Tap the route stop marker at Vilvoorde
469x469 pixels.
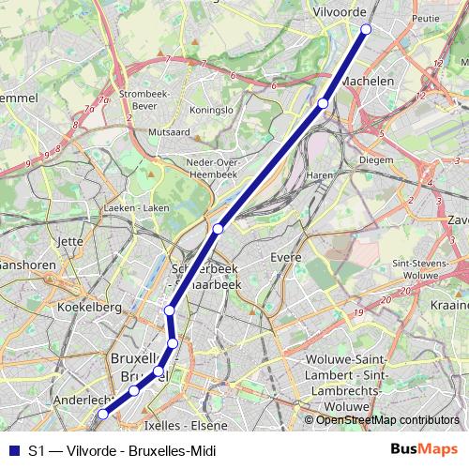point(366,30)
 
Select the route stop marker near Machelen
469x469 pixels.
point(323,103)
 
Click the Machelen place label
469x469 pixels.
point(368,83)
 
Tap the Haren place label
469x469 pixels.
point(320,175)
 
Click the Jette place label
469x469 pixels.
point(71,241)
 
